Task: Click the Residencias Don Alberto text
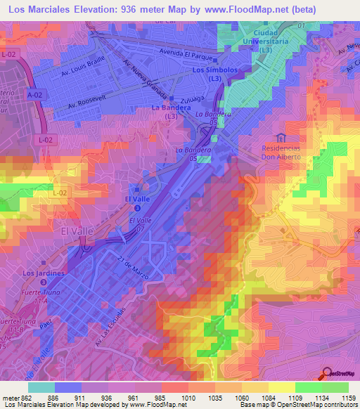pyautogui.click(x=281, y=152)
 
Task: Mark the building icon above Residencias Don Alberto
pyautogui.click(x=281, y=137)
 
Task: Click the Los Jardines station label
pyautogui.click(x=44, y=273)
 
